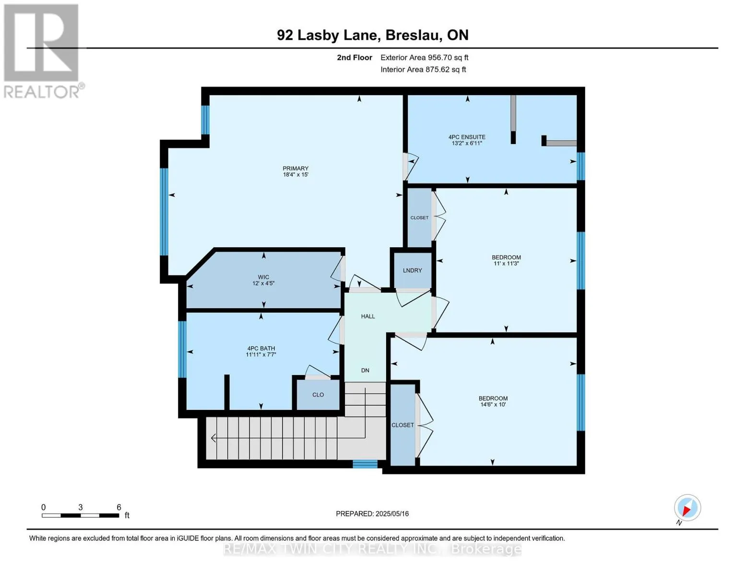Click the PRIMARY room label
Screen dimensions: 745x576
coord(295,168)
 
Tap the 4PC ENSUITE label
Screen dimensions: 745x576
coord(467,137)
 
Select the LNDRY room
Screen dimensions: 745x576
coord(412,270)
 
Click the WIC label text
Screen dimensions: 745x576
coord(263,277)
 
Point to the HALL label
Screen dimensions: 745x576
coord(367,316)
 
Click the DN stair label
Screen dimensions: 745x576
coord(365,370)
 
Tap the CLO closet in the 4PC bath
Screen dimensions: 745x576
coord(318,395)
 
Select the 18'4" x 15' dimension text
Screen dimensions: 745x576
coord(295,175)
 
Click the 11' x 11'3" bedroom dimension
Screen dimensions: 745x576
coord(506,264)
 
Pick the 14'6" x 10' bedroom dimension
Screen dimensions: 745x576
coord(493,405)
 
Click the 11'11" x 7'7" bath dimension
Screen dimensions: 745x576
coord(260,354)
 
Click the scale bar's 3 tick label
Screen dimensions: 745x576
coord(80,507)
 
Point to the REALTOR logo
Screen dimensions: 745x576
coord(43,51)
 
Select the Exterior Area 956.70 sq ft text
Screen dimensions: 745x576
coord(424,58)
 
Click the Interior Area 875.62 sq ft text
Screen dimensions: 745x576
coord(423,69)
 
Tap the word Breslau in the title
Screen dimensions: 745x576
coord(413,35)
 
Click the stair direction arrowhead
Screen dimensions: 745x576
coord(213,438)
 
